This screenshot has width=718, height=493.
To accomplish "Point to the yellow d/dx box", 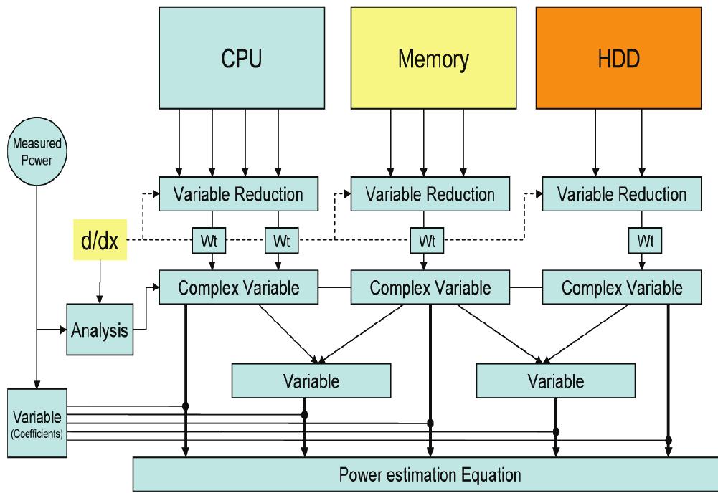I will (x=100, y=240).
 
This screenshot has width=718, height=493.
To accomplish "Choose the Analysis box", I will (x=100, y=330).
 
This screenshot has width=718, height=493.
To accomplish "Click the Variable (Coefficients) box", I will (x=37, y=423).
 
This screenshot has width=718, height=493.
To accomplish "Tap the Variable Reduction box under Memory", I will (x=430, y=194).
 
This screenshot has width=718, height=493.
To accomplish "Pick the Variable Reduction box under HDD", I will (x=622, y=194).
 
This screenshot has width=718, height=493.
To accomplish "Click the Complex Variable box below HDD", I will (x=622, y=288).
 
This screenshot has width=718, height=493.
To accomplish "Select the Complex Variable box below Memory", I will (x=430, y=288).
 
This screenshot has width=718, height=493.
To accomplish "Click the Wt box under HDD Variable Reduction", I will (x=641, y=241).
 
